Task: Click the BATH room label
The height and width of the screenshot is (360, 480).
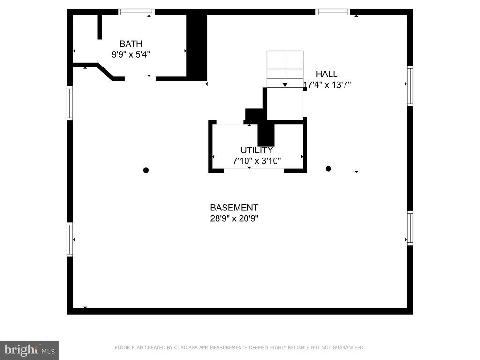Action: tap(131, 44)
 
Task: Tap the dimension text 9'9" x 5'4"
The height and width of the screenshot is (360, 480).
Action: tap(131, 54)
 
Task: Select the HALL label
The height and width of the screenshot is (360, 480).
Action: tap(327, 74)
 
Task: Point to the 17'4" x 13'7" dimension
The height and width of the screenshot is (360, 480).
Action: tap(327, 85)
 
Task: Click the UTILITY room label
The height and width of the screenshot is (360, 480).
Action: tap(256, 150)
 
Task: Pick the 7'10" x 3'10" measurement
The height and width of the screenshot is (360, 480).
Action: tap(256, 161)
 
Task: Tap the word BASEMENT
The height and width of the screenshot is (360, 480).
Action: tap(234, 208)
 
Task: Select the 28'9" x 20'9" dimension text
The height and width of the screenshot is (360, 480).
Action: tap(234, 218)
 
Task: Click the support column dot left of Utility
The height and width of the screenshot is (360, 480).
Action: tap(146, 170)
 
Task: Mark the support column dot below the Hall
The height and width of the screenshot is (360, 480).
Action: tap(329, 169)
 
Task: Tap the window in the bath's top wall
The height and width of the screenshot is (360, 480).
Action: tap(136, 12)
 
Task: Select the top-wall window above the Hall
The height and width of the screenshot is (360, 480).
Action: tap(333, 12)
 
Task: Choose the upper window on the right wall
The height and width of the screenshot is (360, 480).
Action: tap(410, 86)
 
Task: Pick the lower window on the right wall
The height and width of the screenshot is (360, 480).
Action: tap(410, 228)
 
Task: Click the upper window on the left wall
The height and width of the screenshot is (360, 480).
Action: tap(70, 103)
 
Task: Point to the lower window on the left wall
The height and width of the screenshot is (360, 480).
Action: tap(70, 240)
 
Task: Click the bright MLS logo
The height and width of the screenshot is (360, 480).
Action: tap(29, 350)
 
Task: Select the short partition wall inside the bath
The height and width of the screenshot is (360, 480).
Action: tap(100, 27)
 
